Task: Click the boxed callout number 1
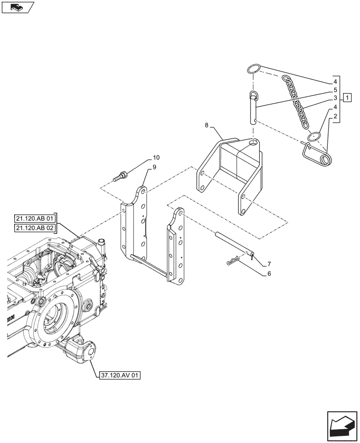tap(348, 97)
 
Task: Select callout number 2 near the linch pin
tap(336, 117)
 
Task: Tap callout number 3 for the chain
tap(336, 98)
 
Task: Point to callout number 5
tap(336, 90)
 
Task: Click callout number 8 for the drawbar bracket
tap(207, 126)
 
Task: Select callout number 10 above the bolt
tap(156, 158)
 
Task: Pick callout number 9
tap(155, 167)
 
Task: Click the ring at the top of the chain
tap(253, 69)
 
